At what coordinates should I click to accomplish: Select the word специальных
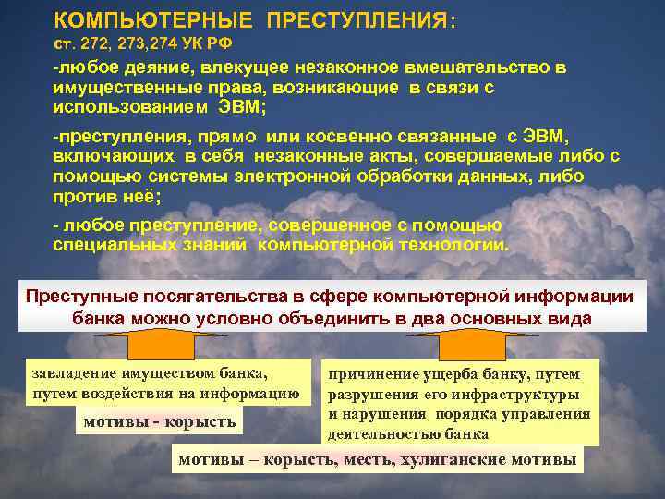click(x=119, y=244)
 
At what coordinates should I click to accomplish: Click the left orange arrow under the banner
click(x=166, y=347)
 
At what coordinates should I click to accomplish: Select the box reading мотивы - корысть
click(x=160, y=422)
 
